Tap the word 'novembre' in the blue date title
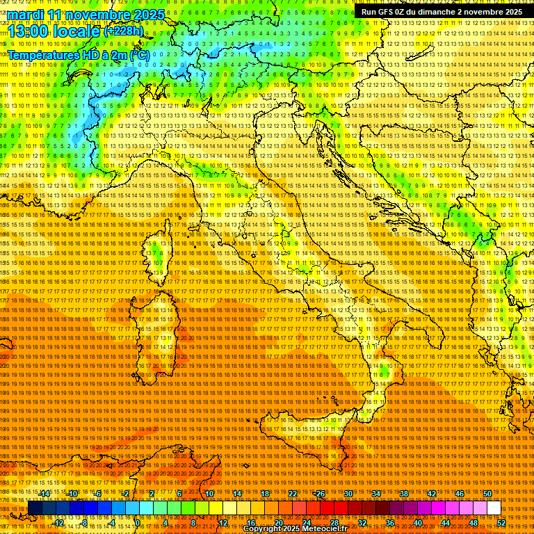(93, 15)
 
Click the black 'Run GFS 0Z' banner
(442, 12)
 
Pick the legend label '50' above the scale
(487, 494)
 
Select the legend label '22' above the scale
(293, 494)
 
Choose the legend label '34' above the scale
(376, 494)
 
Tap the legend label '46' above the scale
(460, 494)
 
